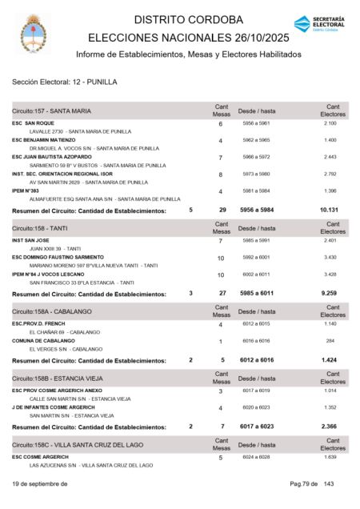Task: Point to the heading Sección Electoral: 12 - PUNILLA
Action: [64, 82]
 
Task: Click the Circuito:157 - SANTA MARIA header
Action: [51, 110]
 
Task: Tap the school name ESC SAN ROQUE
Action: [33, 123]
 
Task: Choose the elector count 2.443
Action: [330, 157]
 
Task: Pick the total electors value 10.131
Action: [330, 210]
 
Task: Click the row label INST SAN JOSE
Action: [30, 240]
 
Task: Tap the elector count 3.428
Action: [330, 275]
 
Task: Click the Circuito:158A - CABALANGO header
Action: [51, 311]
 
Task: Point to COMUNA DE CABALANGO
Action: [42, 340]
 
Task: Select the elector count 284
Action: [330, 340]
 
